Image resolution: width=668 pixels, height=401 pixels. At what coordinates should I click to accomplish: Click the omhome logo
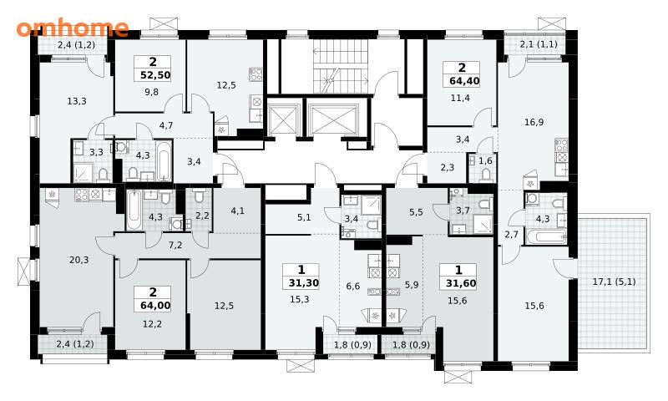[73, 28]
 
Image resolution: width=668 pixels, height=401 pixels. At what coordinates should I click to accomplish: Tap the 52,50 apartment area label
[155, 75]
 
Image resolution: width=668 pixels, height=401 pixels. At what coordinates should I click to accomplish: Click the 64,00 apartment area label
[155, 306]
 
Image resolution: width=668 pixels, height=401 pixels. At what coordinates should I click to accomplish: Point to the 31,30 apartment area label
[304, 283]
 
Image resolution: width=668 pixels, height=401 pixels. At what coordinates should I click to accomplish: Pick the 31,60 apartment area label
[461, 283]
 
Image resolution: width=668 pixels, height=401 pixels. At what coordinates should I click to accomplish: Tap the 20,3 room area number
[78, 260]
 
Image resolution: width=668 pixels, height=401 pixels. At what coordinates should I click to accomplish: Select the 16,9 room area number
[534, 122]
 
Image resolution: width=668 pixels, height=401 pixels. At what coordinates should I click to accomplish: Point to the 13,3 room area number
[77, 101]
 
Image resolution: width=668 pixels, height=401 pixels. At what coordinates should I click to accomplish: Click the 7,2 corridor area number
[175, 245]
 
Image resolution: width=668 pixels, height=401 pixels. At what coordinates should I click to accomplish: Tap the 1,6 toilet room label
[485, 160]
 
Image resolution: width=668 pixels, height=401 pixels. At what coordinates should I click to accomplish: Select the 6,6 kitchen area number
[352, 287]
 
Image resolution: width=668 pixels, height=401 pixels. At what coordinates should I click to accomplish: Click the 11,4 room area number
[460, 98]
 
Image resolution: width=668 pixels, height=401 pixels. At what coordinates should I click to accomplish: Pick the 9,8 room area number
[151, 92]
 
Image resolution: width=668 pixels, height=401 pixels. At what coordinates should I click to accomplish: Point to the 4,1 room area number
[238, 210]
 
